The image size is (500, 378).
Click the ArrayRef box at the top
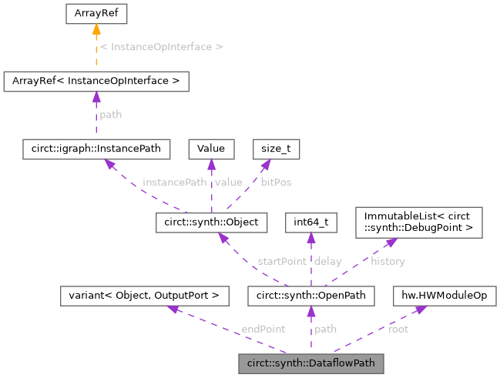tap(96, 13)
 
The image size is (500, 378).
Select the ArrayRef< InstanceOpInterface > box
tap(96, 80)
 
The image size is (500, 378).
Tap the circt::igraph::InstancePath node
tap(96, 146)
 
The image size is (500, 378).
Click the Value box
tap(211, 146)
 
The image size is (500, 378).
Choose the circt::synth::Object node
tap(211, 223)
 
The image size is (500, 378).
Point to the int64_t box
tap(310, 223)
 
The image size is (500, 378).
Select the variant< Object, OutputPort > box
tap(144, 294)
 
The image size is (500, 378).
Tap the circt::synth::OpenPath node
tap(310, 294)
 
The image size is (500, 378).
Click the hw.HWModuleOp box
tap(444, 294)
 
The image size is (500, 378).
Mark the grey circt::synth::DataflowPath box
tap(310, 361)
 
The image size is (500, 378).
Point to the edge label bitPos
tap(277, 182)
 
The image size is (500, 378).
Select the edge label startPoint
tap(283, 261)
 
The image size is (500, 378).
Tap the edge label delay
tap(328, 261)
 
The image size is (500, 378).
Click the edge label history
tap(388, 261)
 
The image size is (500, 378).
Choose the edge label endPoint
tap(263, 329)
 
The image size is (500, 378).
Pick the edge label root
tap(398, 329)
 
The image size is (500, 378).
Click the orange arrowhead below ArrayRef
tap(96, 30)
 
